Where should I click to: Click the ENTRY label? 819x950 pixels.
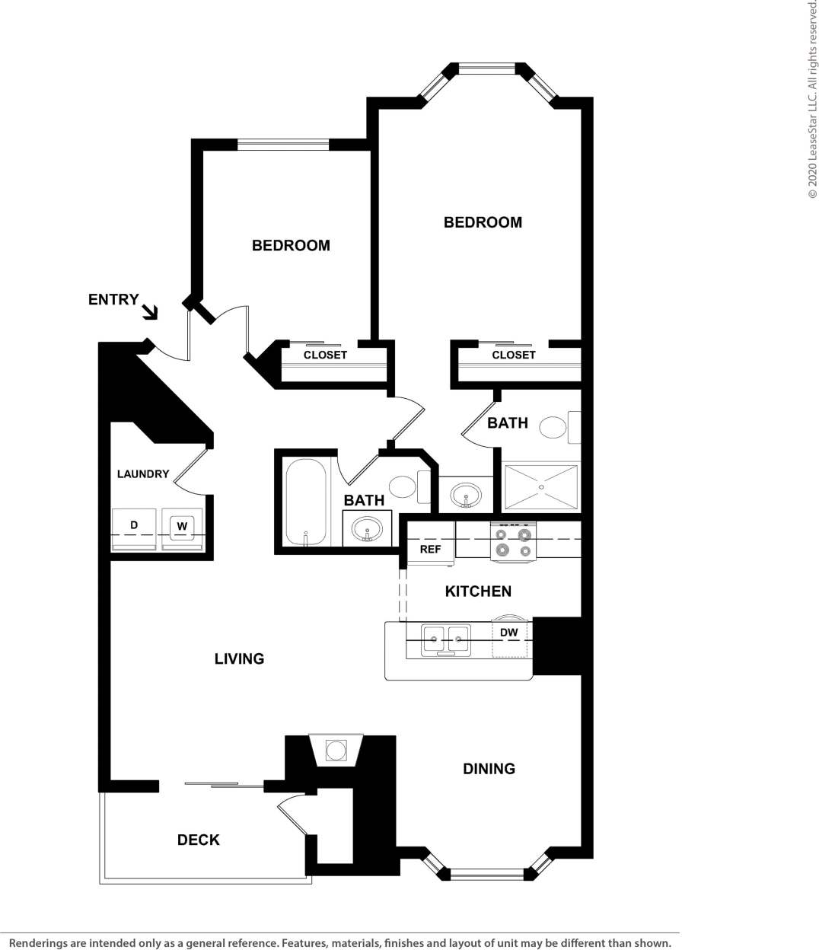tap(113, 300)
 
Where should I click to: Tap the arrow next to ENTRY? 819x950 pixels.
tap(150, 311)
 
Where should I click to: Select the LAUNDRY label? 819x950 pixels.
tap(143, 474)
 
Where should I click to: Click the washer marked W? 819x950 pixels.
tap(182, 527)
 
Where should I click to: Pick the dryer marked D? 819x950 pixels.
tap(134, 526)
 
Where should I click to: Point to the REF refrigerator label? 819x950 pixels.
tap(430, 549)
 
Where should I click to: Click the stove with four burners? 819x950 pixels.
tap(513, 542)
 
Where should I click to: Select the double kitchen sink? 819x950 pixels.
tap(446, 640)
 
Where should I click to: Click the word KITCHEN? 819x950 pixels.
tap(478, 591)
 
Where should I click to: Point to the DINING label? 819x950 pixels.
tap(489, 769)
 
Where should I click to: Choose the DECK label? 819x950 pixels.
tap(199, 840)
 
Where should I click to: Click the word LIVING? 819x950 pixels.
tap(239, 659)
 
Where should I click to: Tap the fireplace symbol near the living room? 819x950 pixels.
tap(336, 751)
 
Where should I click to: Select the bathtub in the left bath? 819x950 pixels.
tap(306, 502)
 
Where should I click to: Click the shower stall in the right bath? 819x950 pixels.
tap(541, 487)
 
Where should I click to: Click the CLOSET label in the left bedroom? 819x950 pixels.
tap(325, 355)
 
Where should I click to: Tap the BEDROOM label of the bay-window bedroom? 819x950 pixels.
tap(483, 222)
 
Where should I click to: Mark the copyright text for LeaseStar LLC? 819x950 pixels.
tap(812, 99)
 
